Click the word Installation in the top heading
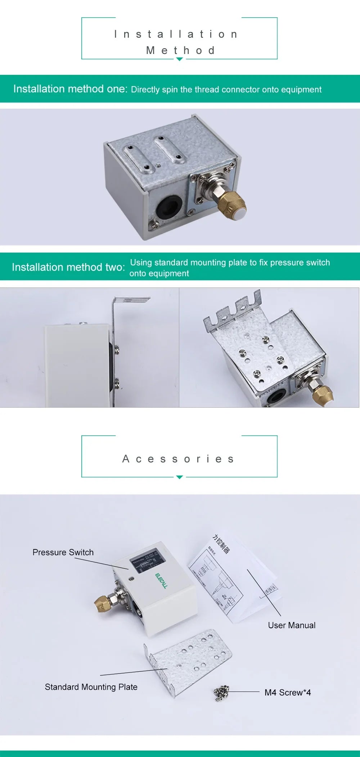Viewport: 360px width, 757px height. [x=176, y=34]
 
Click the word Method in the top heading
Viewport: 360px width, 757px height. [x=180, y=50]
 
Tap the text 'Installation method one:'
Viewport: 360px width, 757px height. [x=70, y=89]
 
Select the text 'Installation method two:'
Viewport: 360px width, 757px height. [x=68, y=267]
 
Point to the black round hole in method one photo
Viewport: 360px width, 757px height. [x=168, y=206]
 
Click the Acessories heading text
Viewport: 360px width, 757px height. [x=179, y=459]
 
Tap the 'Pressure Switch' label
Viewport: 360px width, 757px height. [x=63, y=552]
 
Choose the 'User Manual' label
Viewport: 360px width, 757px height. [x=292, y=625]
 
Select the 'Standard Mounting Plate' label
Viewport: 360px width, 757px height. [x=91, y=687]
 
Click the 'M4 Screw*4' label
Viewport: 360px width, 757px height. [x=288, y=692]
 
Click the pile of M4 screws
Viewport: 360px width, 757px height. [x=221, y=692]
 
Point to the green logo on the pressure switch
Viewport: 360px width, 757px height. [x=161, y=580]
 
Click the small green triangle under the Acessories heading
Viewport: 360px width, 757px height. [x=179, y=477]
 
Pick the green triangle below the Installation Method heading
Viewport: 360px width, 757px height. [x=179, y=59]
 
